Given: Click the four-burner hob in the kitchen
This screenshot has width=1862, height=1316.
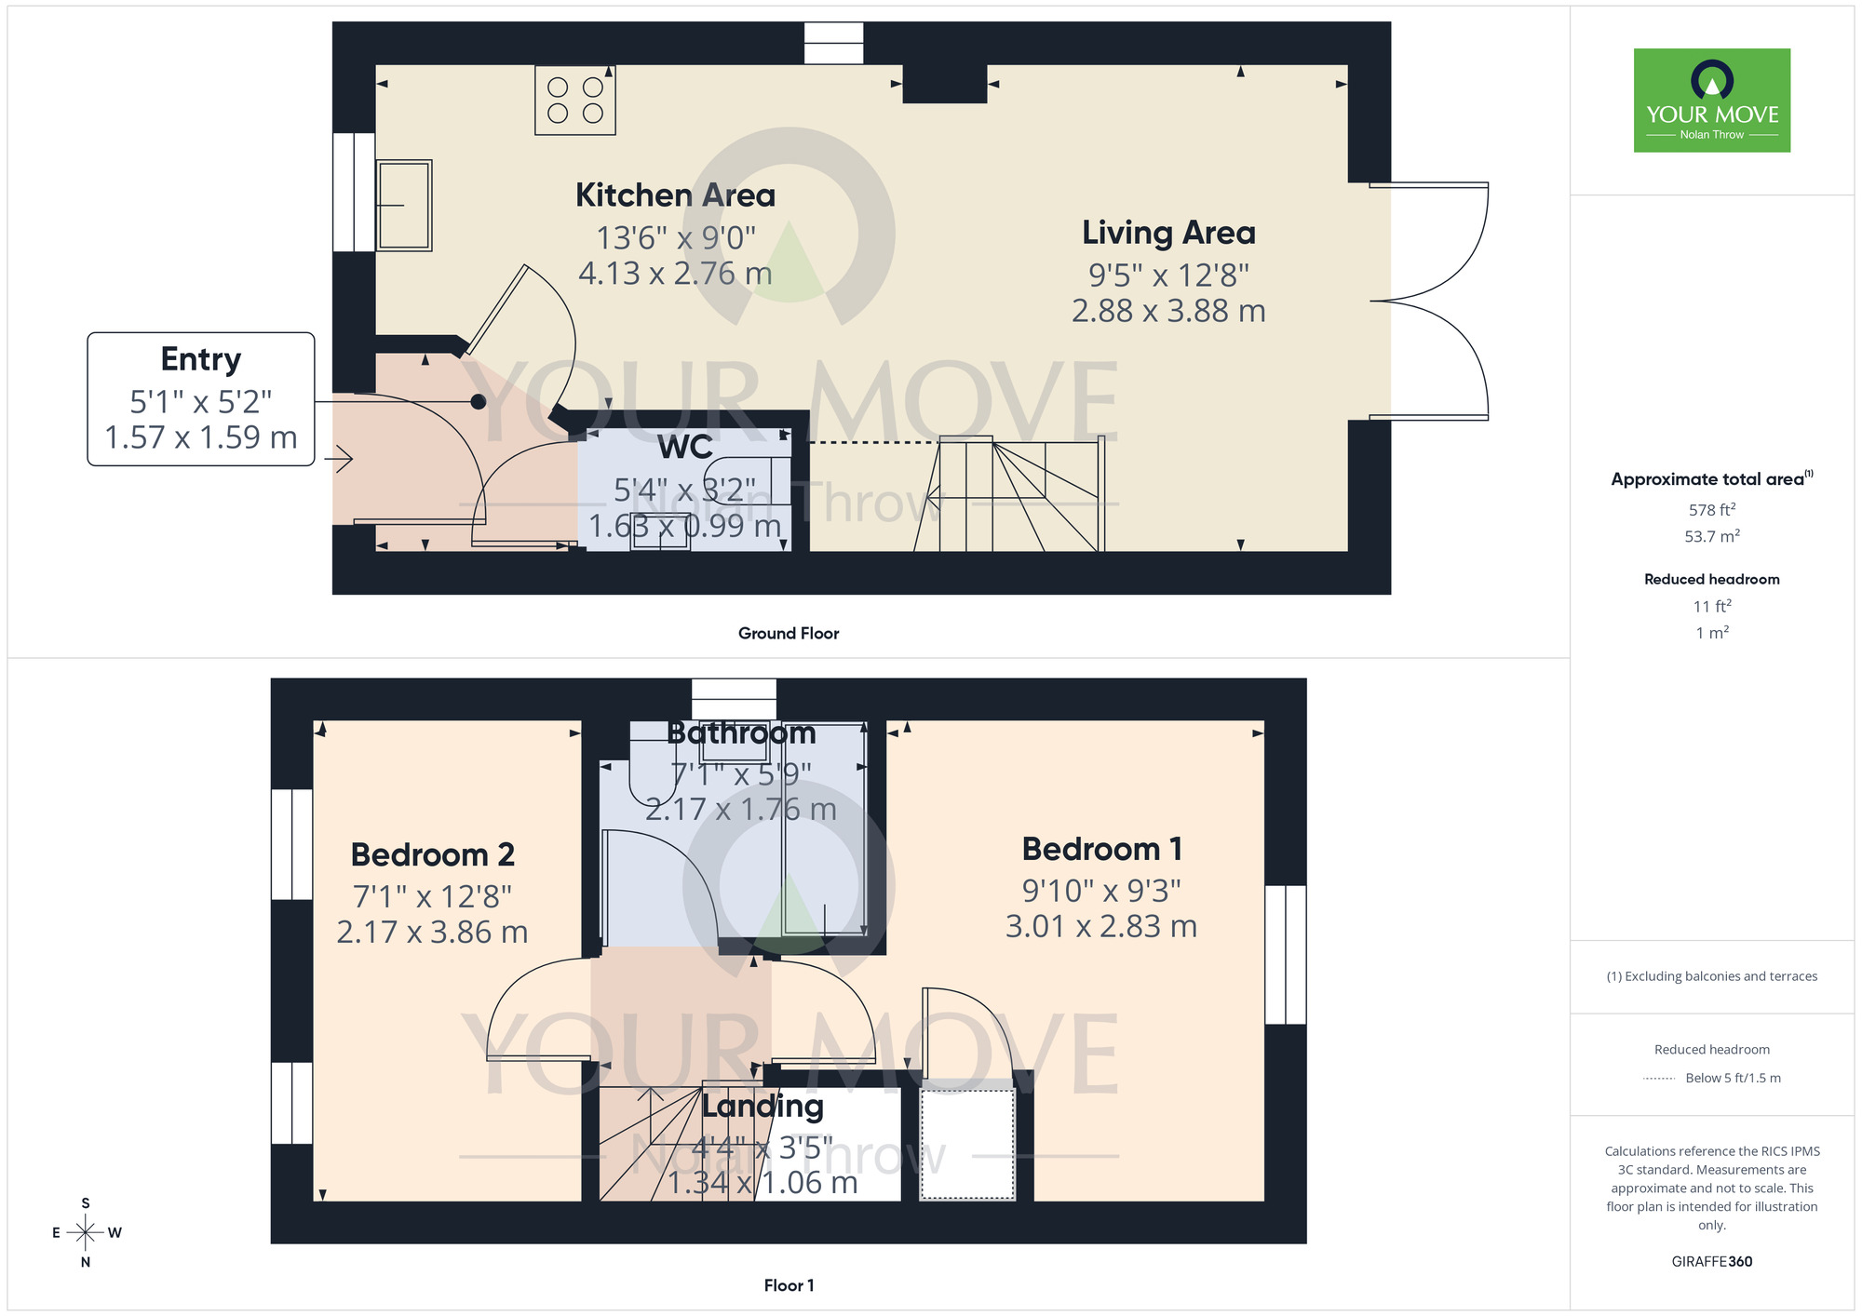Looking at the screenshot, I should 574,101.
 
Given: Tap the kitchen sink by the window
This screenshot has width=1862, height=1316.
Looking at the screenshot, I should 404,205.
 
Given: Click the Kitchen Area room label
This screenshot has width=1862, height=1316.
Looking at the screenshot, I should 675,195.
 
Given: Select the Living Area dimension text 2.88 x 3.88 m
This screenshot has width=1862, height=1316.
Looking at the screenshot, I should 1168,311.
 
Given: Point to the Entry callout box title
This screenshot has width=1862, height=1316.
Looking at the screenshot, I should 201,359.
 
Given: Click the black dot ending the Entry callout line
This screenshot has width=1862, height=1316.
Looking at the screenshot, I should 478,402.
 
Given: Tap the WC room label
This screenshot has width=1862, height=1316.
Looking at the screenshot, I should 685,448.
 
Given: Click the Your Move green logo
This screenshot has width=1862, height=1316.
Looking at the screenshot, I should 1711,101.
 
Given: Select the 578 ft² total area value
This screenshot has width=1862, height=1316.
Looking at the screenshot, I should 1711,510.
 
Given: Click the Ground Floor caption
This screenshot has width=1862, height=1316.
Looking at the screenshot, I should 789,634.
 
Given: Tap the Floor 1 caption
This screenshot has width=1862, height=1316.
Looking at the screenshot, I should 789,1285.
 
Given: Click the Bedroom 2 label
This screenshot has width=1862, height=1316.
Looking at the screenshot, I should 432,854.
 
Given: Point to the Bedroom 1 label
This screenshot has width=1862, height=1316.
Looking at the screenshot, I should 1101,849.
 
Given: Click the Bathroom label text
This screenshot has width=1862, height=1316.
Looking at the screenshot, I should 741,733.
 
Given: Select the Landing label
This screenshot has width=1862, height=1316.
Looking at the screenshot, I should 762,1106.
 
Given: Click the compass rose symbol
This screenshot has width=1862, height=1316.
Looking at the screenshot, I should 86,1233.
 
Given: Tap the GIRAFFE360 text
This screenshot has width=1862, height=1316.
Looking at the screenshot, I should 1711,1262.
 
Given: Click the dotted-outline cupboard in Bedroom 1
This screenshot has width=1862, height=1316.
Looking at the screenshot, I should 966,1144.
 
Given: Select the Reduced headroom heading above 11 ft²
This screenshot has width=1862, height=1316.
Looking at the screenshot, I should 1711,579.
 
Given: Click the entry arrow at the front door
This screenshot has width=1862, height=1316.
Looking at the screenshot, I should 340,458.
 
